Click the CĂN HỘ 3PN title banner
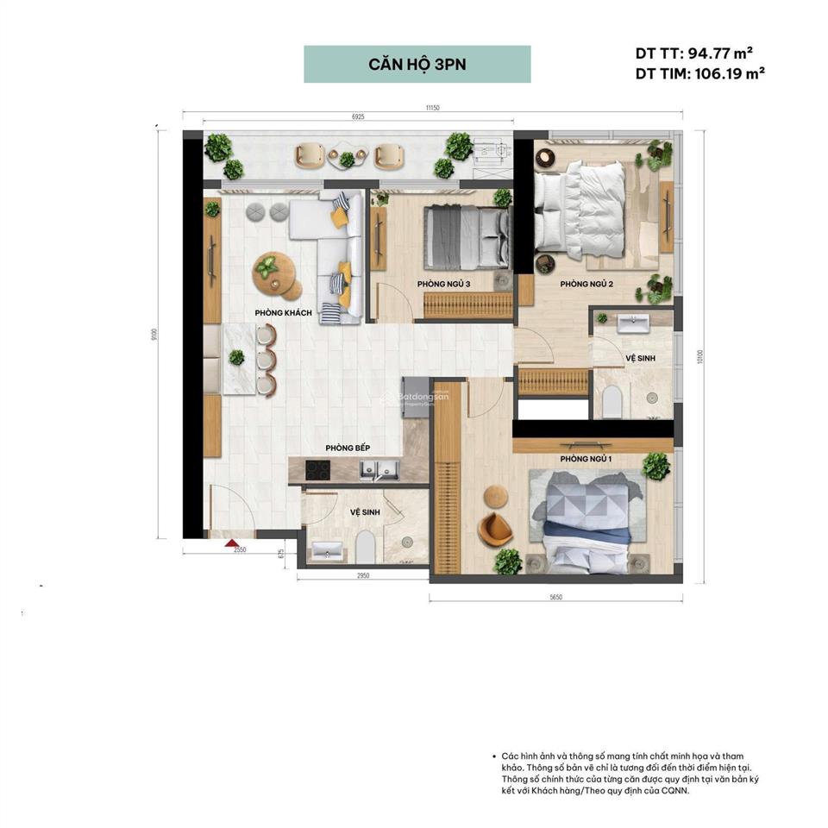[x=417, y=65]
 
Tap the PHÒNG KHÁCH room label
[x=283, y=312]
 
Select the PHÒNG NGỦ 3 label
[x=443, y=284]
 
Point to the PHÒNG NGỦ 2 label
[x=586, y=284]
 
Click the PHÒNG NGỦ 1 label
[x=586, y=459]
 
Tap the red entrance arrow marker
[x=231, y=543]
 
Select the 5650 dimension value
[x=555, y=597]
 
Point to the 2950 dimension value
[x=363, y=575]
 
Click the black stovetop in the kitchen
[x=318, y=470]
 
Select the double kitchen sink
[x=378, y=470]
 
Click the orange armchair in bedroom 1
[x=494, y=529]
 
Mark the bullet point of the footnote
[x=492, y=755]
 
